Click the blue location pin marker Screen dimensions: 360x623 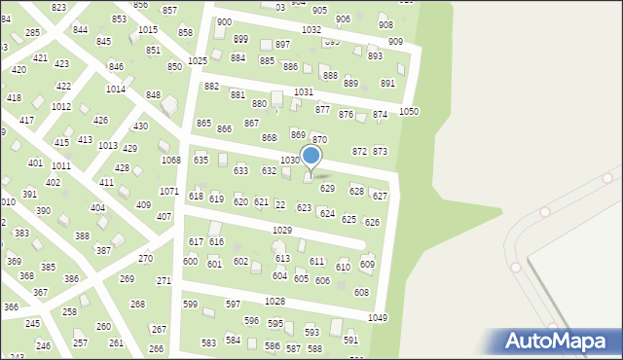coord(311,156)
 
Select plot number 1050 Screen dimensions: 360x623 coord(409,112)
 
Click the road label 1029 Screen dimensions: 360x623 coord(282,230)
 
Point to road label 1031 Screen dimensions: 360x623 coord(303,91)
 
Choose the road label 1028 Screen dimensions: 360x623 coord(275,302)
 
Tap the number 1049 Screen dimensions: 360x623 coord(378,318)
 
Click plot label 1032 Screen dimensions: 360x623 coord(311,30)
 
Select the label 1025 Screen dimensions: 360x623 coord(198,61)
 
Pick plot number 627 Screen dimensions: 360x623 coord(380,197)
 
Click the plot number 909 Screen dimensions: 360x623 coord(395,42)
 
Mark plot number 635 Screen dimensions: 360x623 coord(201,160)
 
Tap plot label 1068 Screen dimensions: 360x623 coord(170,160)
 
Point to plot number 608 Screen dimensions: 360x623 coord(361,293)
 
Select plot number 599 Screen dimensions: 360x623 coord(190,305)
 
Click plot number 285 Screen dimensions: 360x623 coord(32,33)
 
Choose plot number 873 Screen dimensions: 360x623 coord(380,152)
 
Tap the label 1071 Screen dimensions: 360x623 coord(168,192)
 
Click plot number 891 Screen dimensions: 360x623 coord(387,84)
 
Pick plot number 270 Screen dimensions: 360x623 coord(145,259)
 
